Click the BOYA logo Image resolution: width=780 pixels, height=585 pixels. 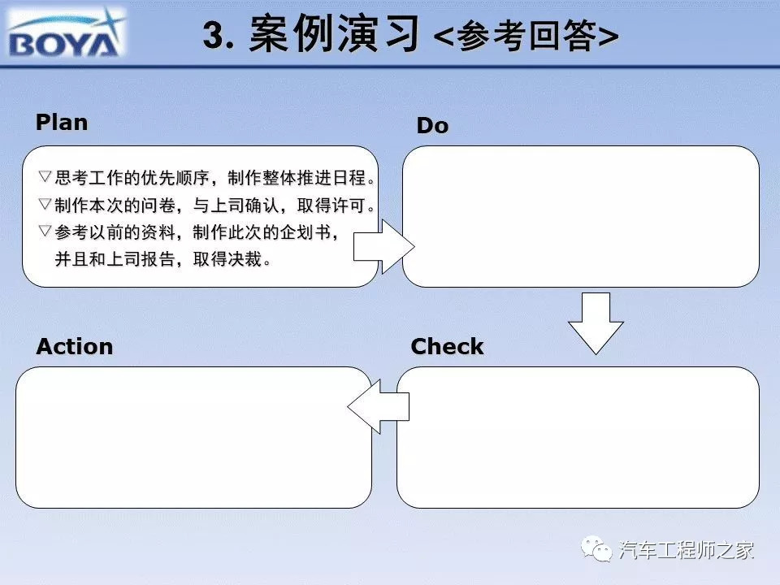[66, 32]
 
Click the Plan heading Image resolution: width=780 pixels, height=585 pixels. [62, 123]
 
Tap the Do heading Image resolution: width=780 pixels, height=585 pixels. [433, 125]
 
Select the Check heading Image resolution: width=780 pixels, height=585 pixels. [447, 346]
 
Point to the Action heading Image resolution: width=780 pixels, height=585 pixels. [75, 346]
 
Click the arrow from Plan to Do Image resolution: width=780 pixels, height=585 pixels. [383, 246]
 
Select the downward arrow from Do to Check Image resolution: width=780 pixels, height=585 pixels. [596, 323]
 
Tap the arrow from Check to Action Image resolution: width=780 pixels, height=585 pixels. [378, 406]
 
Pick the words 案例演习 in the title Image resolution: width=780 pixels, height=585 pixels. [334, 34]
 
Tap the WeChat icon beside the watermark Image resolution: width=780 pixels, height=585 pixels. [596, 549]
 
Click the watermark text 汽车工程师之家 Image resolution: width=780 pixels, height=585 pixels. [686, 550]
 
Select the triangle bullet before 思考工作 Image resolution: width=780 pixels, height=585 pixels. [45, 176]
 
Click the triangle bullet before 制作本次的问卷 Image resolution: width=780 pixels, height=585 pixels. [45, 203]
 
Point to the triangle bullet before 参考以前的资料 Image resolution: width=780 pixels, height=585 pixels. [45, 230]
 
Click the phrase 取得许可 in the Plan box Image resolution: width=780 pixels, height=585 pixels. [331, 205]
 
